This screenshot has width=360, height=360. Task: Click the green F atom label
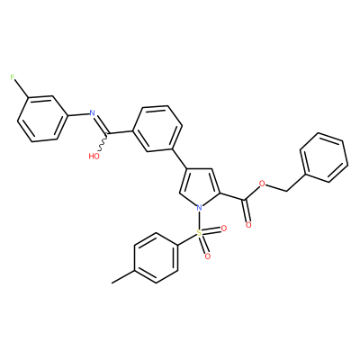[13, 77]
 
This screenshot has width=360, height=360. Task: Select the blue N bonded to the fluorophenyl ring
[93, 113]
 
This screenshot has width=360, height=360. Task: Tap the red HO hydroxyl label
[94, 157]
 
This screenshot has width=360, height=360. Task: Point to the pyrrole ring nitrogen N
[199, 207]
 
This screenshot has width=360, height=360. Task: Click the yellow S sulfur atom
[199, 232]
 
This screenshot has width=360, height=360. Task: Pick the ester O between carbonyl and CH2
[263, 184]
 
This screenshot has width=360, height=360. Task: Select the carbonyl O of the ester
[248, 225]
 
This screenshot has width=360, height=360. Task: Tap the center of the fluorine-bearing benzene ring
[41, 119]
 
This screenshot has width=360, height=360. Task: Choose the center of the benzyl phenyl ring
[324, 157]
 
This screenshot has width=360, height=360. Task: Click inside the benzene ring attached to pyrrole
[157, 129]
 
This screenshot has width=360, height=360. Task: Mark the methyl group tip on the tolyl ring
[112, 283]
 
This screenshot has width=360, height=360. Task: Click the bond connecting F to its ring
[22, 89]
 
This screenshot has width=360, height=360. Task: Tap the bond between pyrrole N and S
[199, 220]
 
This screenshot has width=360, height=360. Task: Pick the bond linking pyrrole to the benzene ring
[180, 159]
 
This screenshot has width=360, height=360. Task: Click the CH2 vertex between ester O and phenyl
[285, 191]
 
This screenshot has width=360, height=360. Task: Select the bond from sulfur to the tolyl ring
[187, 240]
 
